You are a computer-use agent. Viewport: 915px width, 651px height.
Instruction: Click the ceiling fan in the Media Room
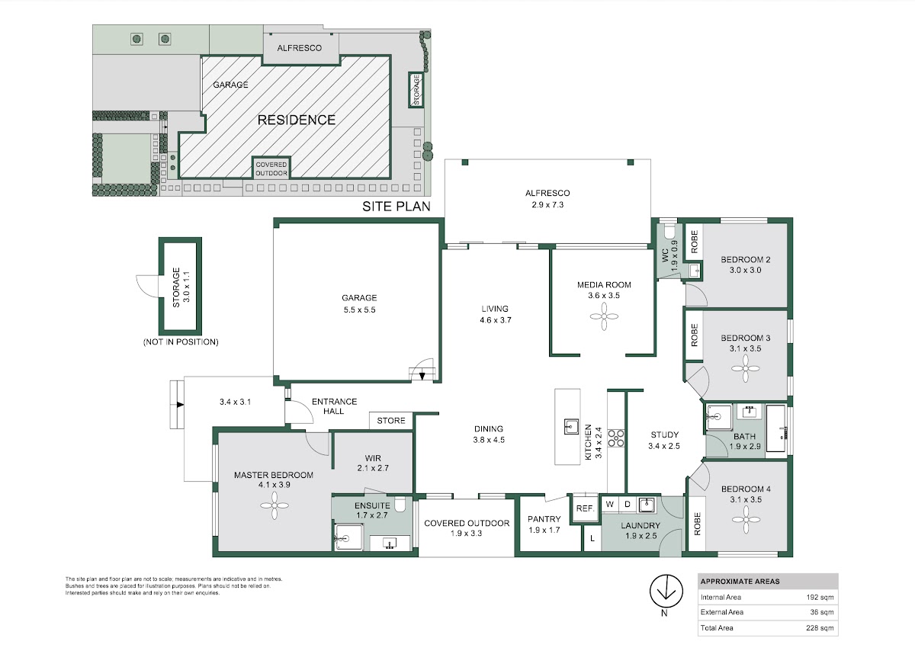click(604, 316)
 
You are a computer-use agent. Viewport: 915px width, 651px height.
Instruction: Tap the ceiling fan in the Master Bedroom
click(274, 505)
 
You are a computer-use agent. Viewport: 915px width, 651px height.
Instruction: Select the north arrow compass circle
click(666, 591)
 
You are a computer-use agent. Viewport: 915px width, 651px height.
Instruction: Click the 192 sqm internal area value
click(820, 597)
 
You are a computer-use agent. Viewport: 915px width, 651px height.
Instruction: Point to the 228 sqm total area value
click(820, 627)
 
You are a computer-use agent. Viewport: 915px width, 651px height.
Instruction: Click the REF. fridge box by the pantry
click(585, 508)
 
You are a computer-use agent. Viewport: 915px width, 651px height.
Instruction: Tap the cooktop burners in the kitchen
click(616, 438)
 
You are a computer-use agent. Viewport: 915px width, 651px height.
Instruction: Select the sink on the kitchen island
click(571, 426)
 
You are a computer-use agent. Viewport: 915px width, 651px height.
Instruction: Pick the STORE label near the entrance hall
click(391, 420)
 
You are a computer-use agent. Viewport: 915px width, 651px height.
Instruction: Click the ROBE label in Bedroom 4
click(697, 524)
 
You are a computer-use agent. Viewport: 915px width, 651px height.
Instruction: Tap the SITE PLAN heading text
click(396, 207)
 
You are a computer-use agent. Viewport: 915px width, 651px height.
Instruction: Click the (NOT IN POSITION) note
click(181, 342)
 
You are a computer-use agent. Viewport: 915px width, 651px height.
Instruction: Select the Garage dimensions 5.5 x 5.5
click(359, 309)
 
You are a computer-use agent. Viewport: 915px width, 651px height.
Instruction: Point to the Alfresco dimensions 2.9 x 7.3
click(547, 204)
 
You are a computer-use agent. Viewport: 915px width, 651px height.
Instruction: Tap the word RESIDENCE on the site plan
click(297, 120)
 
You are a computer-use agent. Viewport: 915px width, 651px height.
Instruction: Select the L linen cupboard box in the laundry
click(592, 538)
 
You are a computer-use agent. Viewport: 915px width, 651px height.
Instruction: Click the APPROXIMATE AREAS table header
click(740, 581)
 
